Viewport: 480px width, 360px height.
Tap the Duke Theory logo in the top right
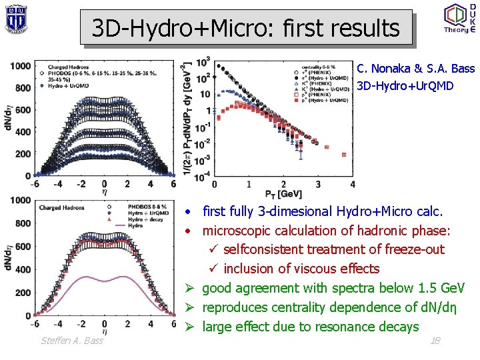coord(460,18)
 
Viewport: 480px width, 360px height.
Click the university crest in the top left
coord(15,18)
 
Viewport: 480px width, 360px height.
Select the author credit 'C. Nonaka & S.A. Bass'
coord(415,68)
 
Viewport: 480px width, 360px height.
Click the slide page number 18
coord(435,341)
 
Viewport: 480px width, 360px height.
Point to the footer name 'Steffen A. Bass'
coord(72,341)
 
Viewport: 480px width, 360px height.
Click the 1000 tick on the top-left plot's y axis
coord(20,65)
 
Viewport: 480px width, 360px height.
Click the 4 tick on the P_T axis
coord(352,184)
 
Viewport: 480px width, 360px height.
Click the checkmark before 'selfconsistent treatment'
coord(213,250)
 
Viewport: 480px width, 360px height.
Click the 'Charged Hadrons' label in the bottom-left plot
coord(62,208)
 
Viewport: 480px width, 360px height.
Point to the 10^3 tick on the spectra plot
coord(203,61)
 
